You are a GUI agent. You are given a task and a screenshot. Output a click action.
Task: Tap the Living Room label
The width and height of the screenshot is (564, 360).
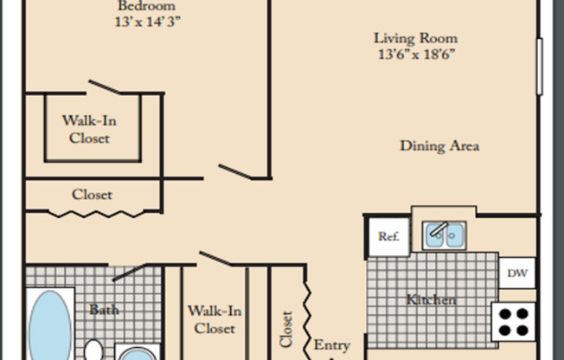click(415, 38)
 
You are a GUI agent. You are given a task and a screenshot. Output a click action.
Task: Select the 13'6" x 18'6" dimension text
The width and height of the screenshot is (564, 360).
click(415, 55)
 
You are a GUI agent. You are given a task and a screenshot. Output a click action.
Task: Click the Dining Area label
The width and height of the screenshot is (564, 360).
click(439, 145)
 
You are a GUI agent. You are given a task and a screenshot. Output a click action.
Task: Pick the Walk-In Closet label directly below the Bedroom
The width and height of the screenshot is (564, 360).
click(91, 129)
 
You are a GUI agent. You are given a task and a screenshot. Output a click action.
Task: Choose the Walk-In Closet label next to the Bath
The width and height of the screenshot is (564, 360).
click(215, 318)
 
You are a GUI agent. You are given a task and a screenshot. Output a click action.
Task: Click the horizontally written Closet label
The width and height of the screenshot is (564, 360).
click(92, 194)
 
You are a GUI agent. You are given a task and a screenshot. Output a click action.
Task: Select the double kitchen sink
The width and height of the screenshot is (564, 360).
click(445, 234)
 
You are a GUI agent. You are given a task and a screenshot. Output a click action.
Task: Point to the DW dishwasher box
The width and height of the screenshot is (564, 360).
click(517, 273)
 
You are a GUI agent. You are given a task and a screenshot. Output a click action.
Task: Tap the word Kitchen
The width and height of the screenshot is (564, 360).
click(431, 299)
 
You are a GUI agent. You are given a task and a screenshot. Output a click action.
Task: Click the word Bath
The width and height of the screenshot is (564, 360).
click(104, 309)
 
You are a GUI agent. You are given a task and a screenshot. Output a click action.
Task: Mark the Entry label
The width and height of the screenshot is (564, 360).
click(331, 344)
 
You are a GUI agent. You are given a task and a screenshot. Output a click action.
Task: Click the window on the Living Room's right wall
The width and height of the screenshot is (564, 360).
click(541, 66)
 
